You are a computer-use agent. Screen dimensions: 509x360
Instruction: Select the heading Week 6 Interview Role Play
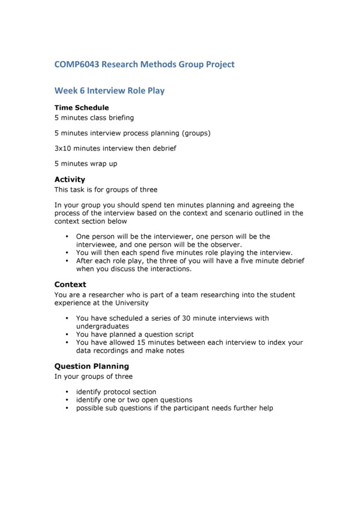tap(109, 91)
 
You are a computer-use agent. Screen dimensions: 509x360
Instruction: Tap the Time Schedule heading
tap(82, 108)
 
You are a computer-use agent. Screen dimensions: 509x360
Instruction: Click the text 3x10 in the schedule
tap(64, 148)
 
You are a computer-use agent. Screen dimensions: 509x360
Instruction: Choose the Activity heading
tap(70, 179)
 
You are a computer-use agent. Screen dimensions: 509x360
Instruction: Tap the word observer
tap(224, 245)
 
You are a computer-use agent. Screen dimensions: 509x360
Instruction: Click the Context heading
tap(70, 285)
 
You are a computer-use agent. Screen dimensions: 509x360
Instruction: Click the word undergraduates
tap(103, 326)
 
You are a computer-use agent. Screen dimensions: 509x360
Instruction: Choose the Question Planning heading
tap(91, 366)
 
